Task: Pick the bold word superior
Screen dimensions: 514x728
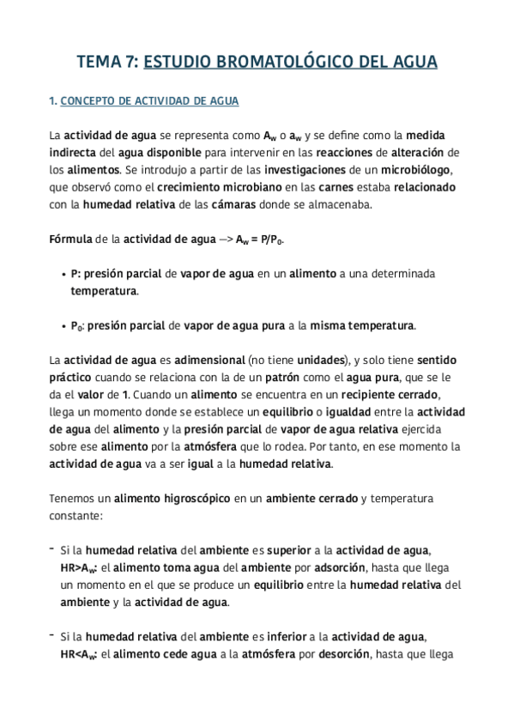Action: (294, 550)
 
